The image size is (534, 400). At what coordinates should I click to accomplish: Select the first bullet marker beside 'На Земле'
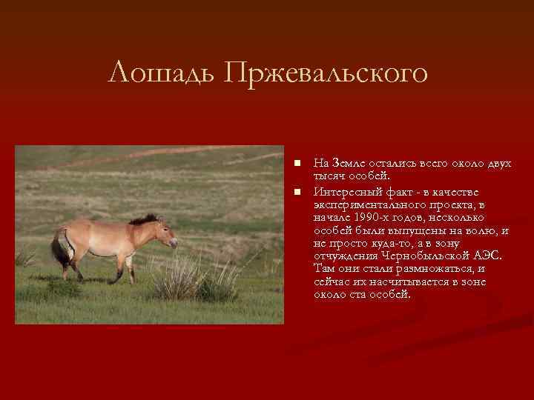tap(296, 162)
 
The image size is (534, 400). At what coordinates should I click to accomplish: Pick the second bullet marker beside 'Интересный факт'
tap(296, 193)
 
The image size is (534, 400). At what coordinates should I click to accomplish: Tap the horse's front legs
tap(129, 267)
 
